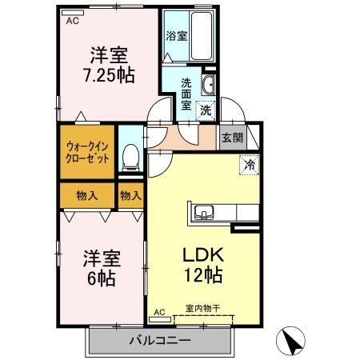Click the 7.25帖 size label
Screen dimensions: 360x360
click(x=110, y=75)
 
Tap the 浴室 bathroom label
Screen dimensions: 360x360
click(x=175, y=36)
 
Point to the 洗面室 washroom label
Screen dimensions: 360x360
click(x=186, y=93)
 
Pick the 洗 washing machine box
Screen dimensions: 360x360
click(x=206, y=110)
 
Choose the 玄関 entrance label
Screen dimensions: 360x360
click(x=232, y=138)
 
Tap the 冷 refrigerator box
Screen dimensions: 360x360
click(x=250, y=166)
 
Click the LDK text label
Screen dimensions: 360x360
click(x=204, y=256)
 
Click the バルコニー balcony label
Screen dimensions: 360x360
click(x=159, y=341)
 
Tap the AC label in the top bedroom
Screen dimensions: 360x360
click(x=73, y=21)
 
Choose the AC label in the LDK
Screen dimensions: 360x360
click(x=158, y=312)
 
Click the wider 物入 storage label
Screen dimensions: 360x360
click(x=87, y=194)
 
